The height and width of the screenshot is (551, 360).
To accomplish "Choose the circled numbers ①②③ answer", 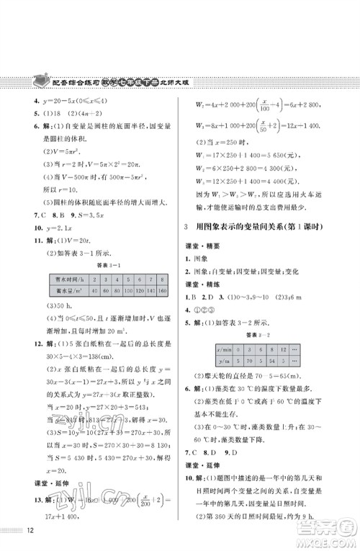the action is tap(202, 323).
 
